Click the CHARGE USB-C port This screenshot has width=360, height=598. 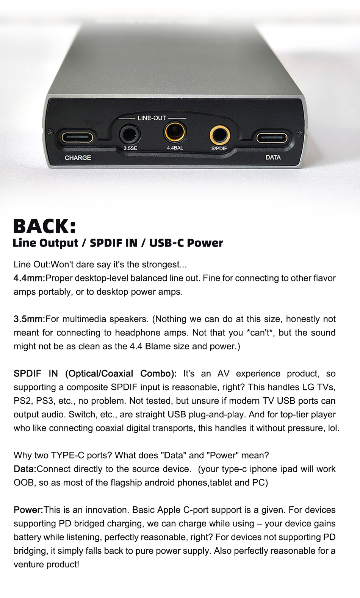coord(77,138)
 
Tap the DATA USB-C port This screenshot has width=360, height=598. coord(272,138)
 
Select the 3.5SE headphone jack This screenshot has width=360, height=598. coord(130,134)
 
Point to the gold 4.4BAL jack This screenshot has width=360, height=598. coord(175,132)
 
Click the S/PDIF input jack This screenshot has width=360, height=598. coord(219,135)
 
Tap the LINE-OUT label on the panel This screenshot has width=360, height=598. coord(152,118)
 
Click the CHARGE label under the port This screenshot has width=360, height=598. coord(78,158)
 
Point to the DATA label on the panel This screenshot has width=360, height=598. coord(273,158)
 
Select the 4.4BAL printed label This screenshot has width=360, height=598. coord(175,148)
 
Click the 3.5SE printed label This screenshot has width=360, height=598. coord(130,148)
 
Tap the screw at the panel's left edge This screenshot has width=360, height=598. coord(49,132)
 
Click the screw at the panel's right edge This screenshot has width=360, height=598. coord(300,132)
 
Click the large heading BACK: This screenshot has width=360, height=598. coord(45,226)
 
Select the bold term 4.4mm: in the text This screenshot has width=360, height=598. coord(30,278)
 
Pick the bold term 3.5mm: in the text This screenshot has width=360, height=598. coord(30,319)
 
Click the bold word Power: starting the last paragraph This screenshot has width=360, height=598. coord(28,510)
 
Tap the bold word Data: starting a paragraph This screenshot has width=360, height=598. coord(25,469)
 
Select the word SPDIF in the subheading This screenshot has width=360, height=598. coord(114,243)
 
